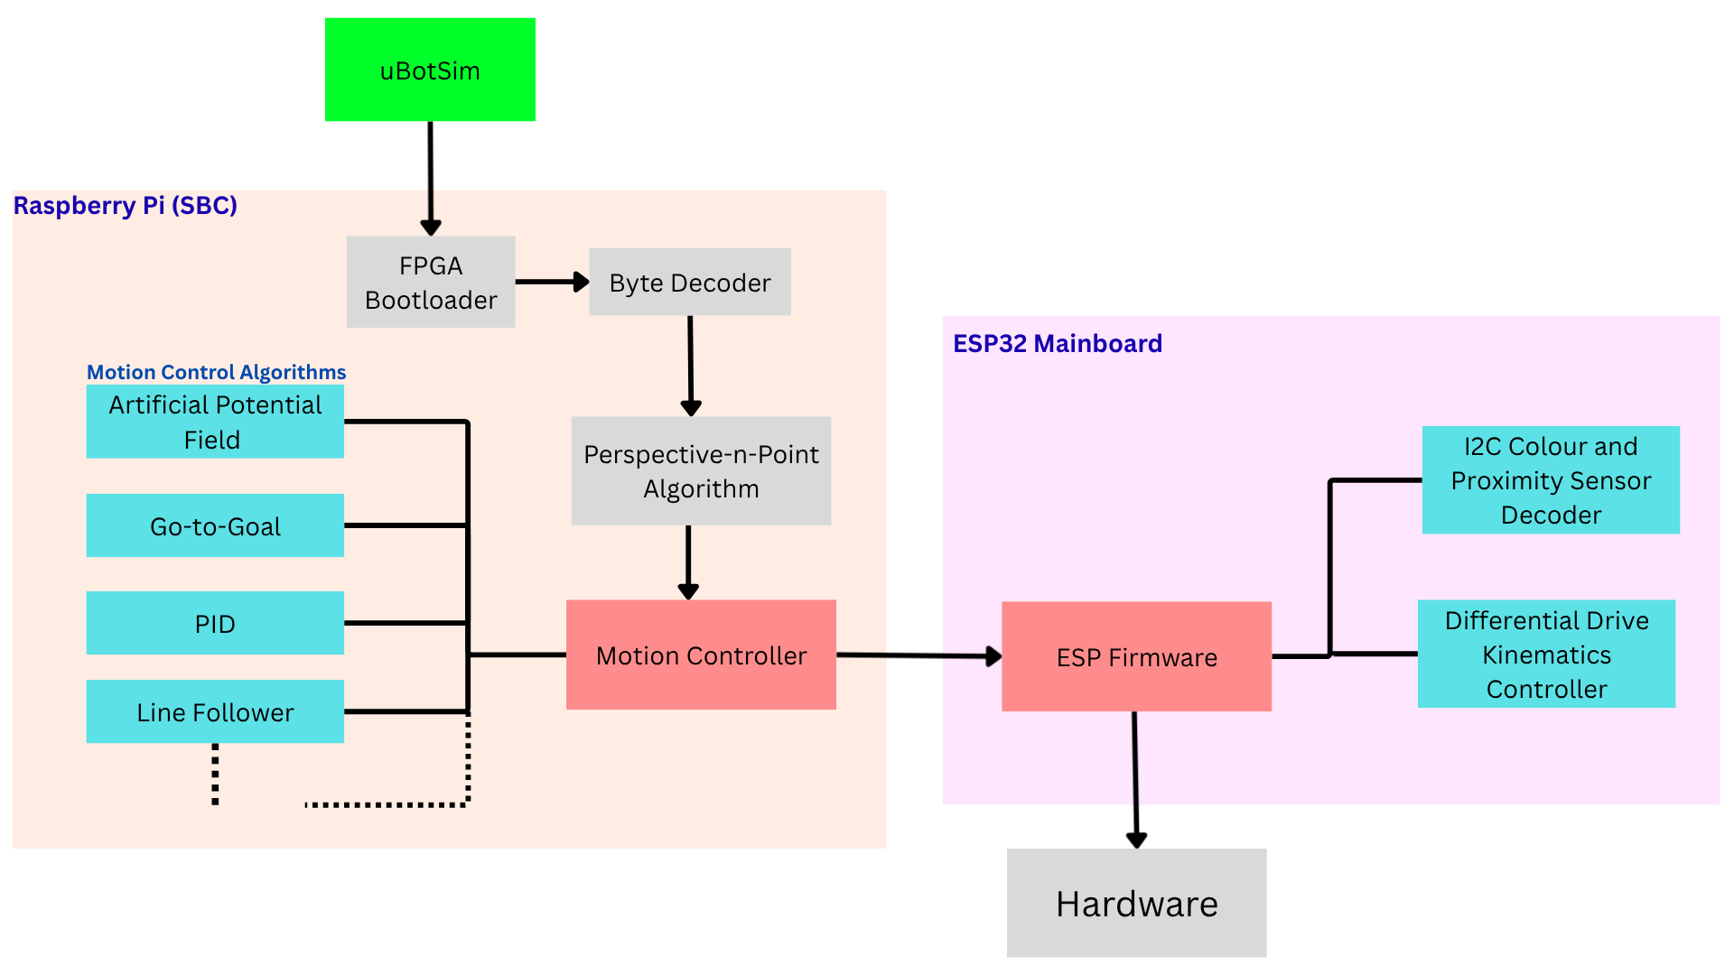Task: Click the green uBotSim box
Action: click(430, 70)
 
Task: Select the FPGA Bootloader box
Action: click(431, 282)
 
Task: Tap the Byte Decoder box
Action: click(690, 282)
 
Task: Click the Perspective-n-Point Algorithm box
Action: click(701, 470)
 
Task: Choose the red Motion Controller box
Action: click(701, 655)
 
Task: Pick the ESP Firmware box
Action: click(1136, 656)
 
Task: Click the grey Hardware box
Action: click(1136, 903)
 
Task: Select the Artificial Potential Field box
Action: click(215, 422)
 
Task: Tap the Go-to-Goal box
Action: click(215, 525)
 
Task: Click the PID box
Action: click(215, 623)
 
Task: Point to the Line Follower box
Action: click(215, 711)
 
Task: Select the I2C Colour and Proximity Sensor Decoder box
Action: click(1550, 479)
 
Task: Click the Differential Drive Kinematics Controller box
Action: click(1546, 654)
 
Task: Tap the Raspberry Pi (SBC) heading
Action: click(125, 206)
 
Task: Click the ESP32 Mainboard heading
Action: click(1057, 344)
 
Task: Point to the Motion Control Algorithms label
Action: click(216, 372)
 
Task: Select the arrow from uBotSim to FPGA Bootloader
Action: click(431, 176)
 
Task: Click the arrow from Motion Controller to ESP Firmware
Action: click(917, 655)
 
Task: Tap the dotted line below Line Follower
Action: click(215, 774)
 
